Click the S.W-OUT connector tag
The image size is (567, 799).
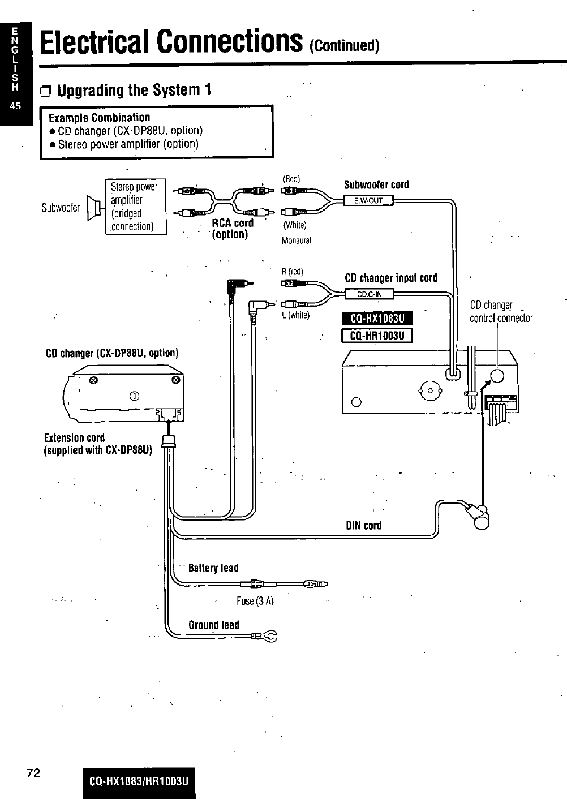click(368, 200)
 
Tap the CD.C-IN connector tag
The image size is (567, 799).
click(370, 294)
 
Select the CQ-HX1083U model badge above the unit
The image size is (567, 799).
click(377, 319)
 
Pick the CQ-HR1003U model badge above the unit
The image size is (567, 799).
click(377, 336)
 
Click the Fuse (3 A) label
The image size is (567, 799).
click(255, 601)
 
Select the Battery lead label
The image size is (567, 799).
click(213, 568)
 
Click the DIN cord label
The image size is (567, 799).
click(364, 525)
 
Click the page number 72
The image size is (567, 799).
click(33, 773)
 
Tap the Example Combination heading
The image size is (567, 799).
click(100, 118)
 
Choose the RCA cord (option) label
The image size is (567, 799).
click(232, 229)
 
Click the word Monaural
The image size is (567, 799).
click(297, 240)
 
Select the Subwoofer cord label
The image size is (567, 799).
click(376, 185)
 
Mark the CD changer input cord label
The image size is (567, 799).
click(390, 278)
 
